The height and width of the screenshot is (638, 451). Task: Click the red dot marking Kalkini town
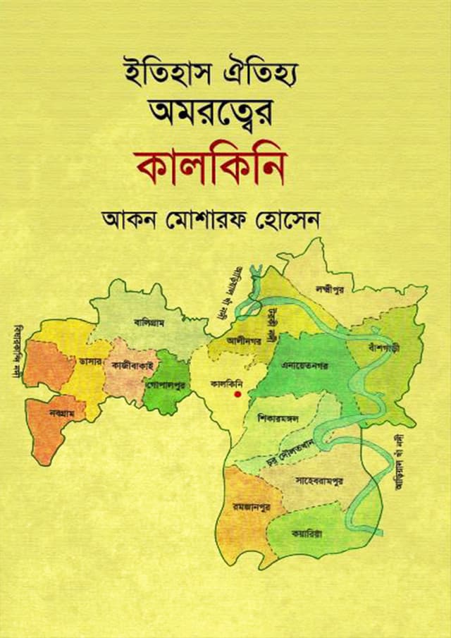[237, 395]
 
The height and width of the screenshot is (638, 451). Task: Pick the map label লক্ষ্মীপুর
[334, 288]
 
